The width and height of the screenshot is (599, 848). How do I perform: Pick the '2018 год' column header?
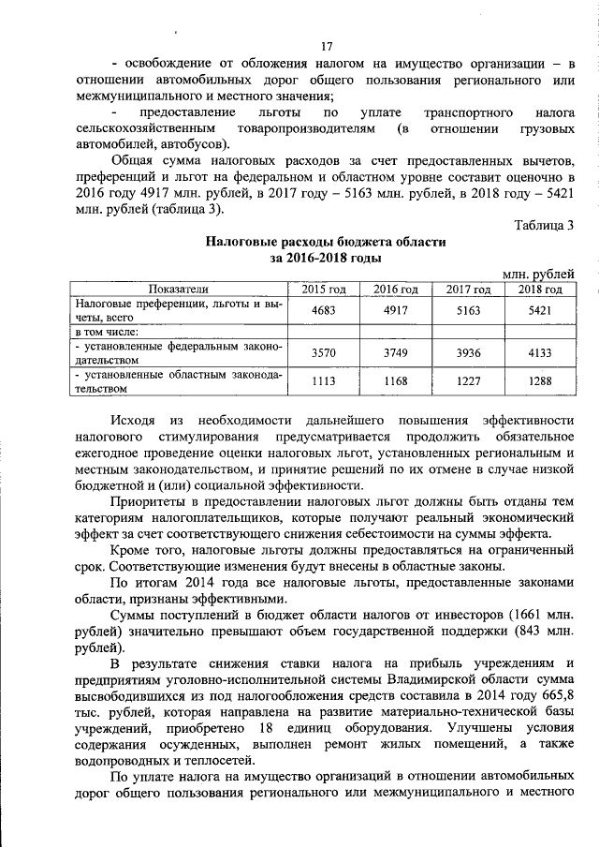point(539,289)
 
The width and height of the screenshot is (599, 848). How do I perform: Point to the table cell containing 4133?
point(539,353)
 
